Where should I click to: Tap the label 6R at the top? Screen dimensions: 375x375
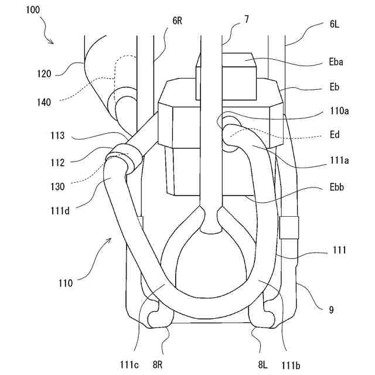[x=177, y=21]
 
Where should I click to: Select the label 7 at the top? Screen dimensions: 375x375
[x=246, y=19]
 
